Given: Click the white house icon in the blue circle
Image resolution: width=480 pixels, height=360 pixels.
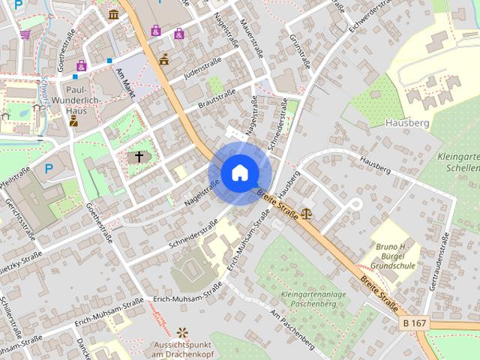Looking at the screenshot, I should click(239, 172).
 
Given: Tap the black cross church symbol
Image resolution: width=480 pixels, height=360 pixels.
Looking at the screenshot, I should click(138, 157).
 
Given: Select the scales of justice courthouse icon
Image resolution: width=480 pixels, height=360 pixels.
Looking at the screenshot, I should click(307, 214).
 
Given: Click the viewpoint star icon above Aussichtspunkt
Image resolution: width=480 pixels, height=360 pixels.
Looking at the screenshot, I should click(182, 332).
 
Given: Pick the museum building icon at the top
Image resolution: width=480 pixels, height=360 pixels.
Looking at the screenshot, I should click(113, 14).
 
